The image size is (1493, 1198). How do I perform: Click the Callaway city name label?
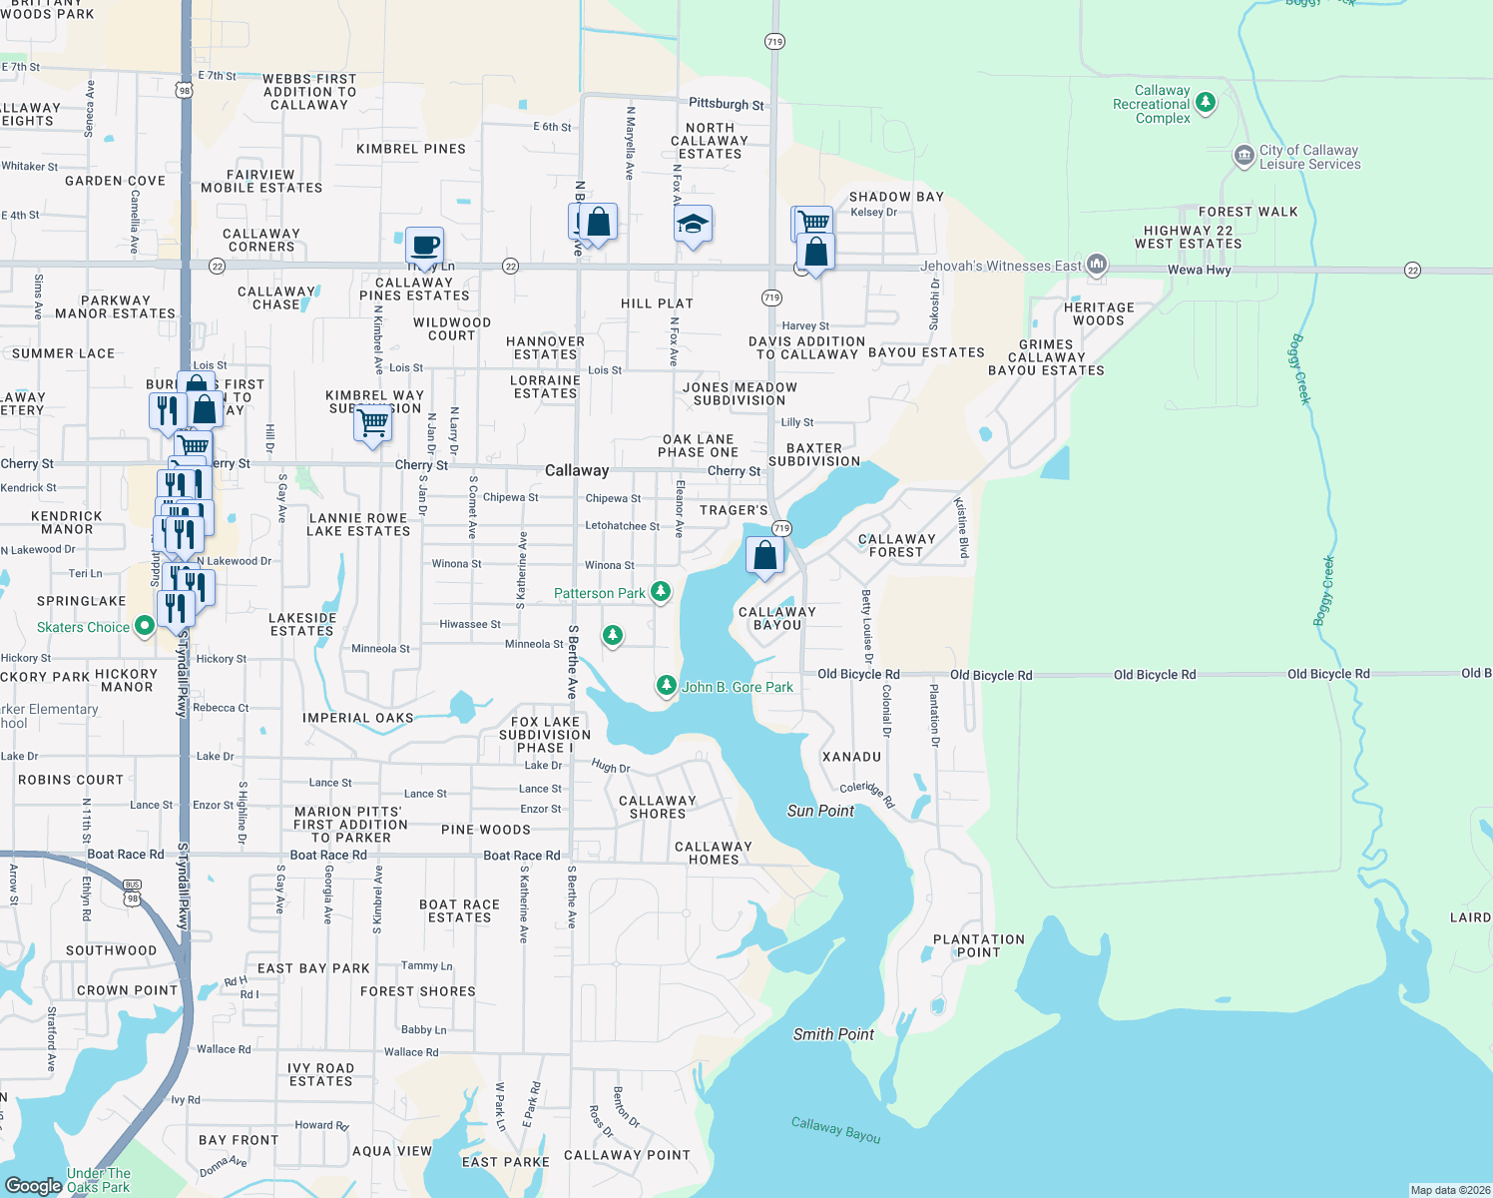pos(576,470)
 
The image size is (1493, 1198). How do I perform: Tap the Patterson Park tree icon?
pos(660,592)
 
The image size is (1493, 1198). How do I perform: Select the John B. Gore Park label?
pos(737,687)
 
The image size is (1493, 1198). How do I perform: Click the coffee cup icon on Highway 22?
pos(424,246)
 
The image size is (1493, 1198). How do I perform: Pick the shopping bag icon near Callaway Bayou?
pos(764,556)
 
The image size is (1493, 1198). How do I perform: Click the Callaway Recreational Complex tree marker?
pos(1206,102)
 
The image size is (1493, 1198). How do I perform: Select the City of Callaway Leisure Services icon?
pos(1244,155)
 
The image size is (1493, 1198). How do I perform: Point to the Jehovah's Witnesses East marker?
pos(1097,265)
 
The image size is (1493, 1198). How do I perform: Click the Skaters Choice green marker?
pos(145,626)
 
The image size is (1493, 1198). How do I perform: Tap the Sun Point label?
pos(820,811)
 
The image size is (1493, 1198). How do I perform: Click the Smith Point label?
pos(833,1034)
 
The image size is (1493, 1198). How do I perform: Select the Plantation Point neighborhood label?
pos(978,945)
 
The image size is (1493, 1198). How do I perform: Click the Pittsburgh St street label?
pos(726,104)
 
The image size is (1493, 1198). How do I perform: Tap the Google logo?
pos(33,1185)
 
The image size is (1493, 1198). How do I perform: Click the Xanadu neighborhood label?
pos(851,757)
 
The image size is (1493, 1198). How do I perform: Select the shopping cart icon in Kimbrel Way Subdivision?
pos(373,423)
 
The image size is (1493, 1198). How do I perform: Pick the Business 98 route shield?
pos(133,892)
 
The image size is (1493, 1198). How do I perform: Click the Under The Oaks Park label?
pos(98,1180)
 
